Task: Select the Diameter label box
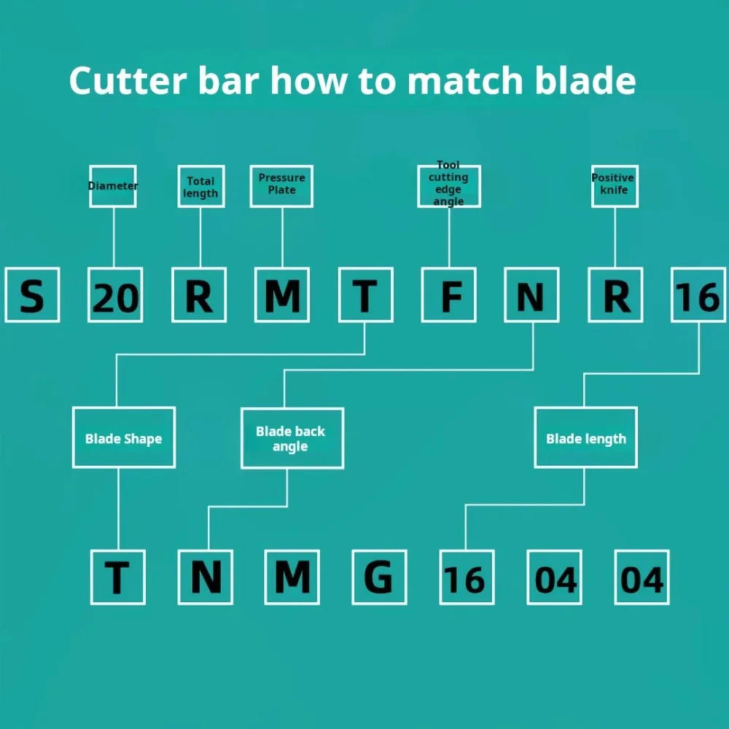[x=113, y=186]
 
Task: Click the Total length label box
[x=200, y=187]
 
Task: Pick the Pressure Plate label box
[x=281, y=186]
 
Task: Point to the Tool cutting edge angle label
[x=448, y=185]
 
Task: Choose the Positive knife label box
[x=614, y=186]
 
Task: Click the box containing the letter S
[x=32, y=295]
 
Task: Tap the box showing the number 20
[x=115, y=295]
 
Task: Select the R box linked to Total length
[x=199, y=295]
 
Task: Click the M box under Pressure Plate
[x=282, y=295]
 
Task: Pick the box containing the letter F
[x=449, y=295]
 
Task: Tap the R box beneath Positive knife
[x=615, y=295]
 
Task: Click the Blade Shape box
[x=123, y=437]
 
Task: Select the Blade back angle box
[x=292, y=438]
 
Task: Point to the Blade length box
[x=585, y=437]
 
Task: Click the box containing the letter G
[x=379, y=577]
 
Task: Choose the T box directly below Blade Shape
[x=118, y=577]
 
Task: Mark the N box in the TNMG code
[x=206, y=577]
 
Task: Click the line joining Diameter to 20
[x=114, y=237]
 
